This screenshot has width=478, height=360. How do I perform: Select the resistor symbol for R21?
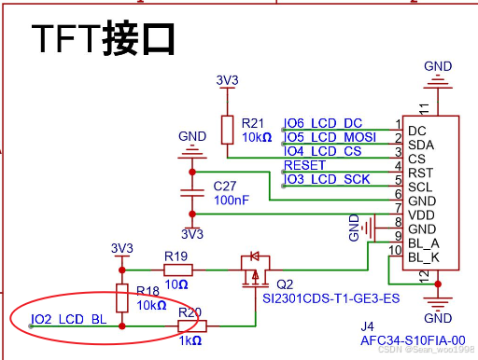click(x=227, y=129)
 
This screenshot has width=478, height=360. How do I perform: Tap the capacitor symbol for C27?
click(x=192, y=196)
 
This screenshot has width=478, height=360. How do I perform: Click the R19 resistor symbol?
click(x=176, y=270)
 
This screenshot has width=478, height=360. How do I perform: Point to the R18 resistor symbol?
click(x=121, y=298)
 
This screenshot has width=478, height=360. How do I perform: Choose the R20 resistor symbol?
click(x=191, y=325)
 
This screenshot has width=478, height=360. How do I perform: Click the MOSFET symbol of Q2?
click(x=254, y=269)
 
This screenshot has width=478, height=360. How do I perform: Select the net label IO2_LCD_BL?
click(x=69, y=320)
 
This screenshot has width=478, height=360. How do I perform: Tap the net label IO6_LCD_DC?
click(x=323, y=123)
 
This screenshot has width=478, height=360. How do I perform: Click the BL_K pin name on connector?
click(x=424, y=256)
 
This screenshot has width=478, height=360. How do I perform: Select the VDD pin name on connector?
click(x=420, y=215)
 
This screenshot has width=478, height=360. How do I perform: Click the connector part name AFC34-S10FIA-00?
click(x=413, y=340)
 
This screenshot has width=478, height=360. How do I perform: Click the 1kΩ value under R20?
click(x=191, y=341)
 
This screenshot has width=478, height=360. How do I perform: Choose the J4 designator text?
click(x=369, y=326)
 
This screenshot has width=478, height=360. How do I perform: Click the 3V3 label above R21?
click(x=227, y=80)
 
